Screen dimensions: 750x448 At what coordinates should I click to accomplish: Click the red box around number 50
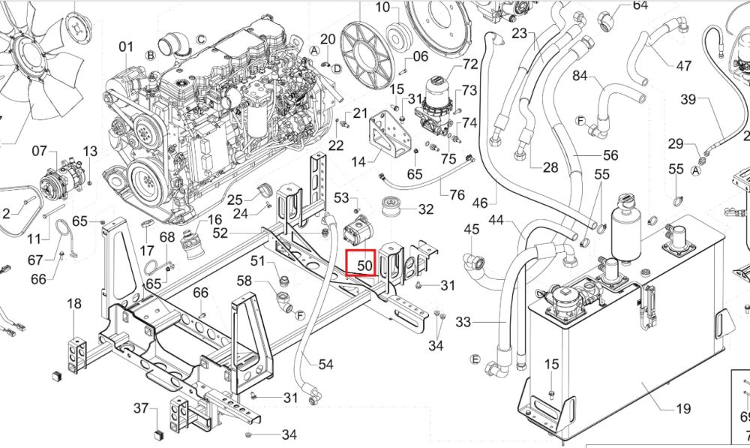361,263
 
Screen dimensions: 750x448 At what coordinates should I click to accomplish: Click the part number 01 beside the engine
126,47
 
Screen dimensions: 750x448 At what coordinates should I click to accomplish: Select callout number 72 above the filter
471,64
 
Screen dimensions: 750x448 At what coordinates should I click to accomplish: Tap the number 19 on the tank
683,409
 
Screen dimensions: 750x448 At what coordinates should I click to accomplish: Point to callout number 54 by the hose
325,364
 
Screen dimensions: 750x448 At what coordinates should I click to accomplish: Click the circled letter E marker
475,359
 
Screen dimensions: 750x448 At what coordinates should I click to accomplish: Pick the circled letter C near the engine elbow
201,39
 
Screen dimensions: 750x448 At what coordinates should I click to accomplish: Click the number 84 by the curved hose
580,76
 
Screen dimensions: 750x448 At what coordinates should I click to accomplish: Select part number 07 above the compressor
40,152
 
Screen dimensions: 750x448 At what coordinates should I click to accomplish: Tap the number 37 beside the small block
141,407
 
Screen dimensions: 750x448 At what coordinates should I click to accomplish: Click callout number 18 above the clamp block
74,303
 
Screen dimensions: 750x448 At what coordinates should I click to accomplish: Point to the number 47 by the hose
683,65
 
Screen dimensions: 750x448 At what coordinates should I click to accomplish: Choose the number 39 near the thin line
688,99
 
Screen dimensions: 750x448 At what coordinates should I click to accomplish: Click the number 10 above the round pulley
383,8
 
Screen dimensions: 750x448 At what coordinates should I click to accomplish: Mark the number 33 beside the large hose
463,322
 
